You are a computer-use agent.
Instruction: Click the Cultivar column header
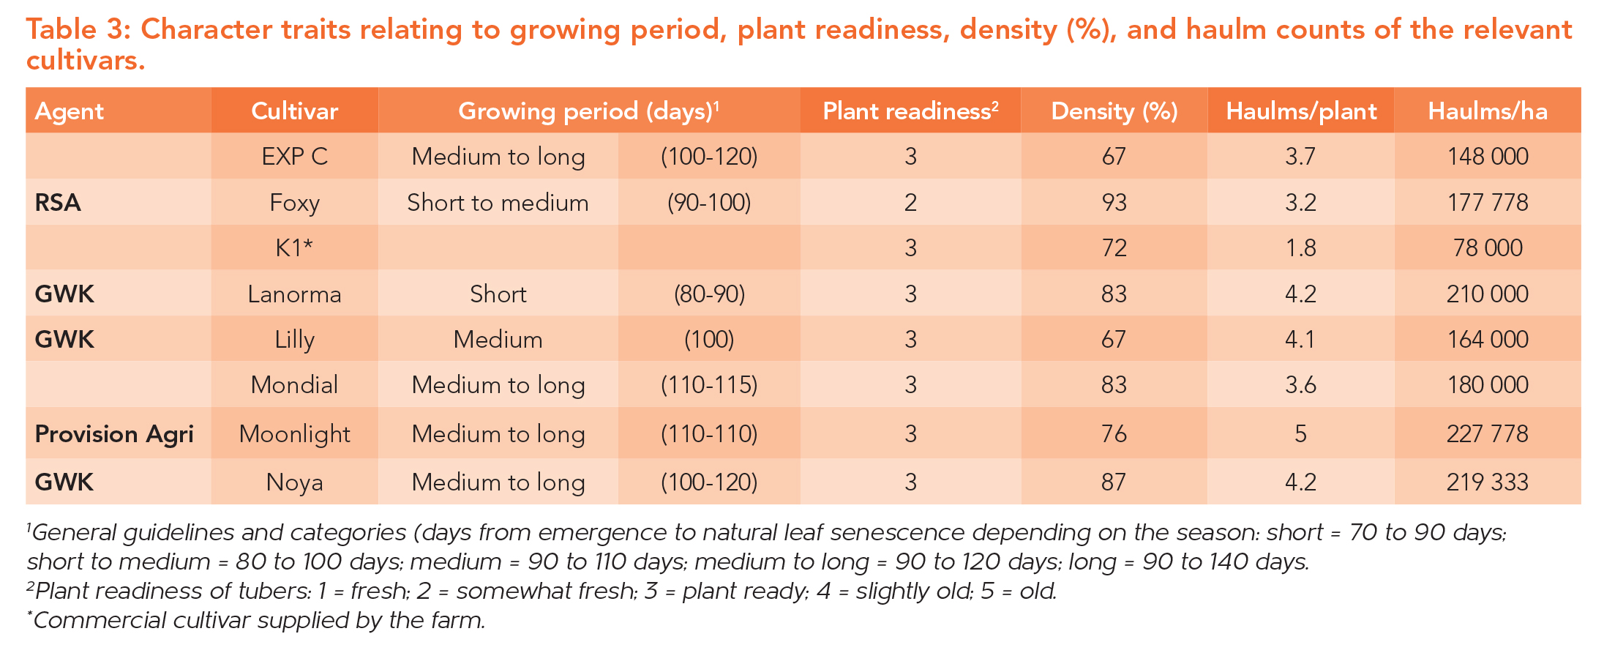tap(294, 111)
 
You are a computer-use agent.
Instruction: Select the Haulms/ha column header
tap(1488, 111)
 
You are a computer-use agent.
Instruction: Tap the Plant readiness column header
tap(910, 111)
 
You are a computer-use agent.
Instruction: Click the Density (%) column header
tap(1114, 111)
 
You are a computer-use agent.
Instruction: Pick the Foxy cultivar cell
tap(294, 203)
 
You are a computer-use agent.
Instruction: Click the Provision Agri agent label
tap(114, 434)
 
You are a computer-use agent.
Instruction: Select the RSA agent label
tap(58, 202)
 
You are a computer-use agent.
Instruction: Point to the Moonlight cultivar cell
tap(294, 434)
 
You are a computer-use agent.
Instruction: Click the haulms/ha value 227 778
tap(1488, 434)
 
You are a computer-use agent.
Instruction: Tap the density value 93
tap(1114, 202)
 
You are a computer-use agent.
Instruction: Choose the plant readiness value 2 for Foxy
tap(910, 202)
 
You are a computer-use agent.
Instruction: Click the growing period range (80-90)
tap(709, 294)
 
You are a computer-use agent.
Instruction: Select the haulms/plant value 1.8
tap(1300, 248)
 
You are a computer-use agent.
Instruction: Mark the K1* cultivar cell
tap(294, 248)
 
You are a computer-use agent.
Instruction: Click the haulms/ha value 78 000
tap(1488, 248)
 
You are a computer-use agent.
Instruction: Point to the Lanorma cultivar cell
tap(294, 294)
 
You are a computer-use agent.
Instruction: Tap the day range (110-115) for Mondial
tap(709, 385)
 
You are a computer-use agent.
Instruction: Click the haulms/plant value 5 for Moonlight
tap(1300, 434)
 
